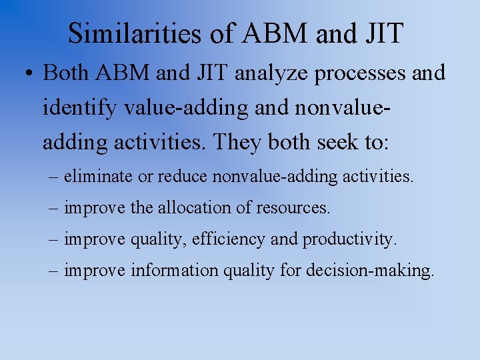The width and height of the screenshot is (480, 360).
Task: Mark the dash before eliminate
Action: pyautogui.click(x=53, y=177)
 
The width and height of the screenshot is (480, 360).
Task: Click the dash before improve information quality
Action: pyautogui.click(x=53, y=271)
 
